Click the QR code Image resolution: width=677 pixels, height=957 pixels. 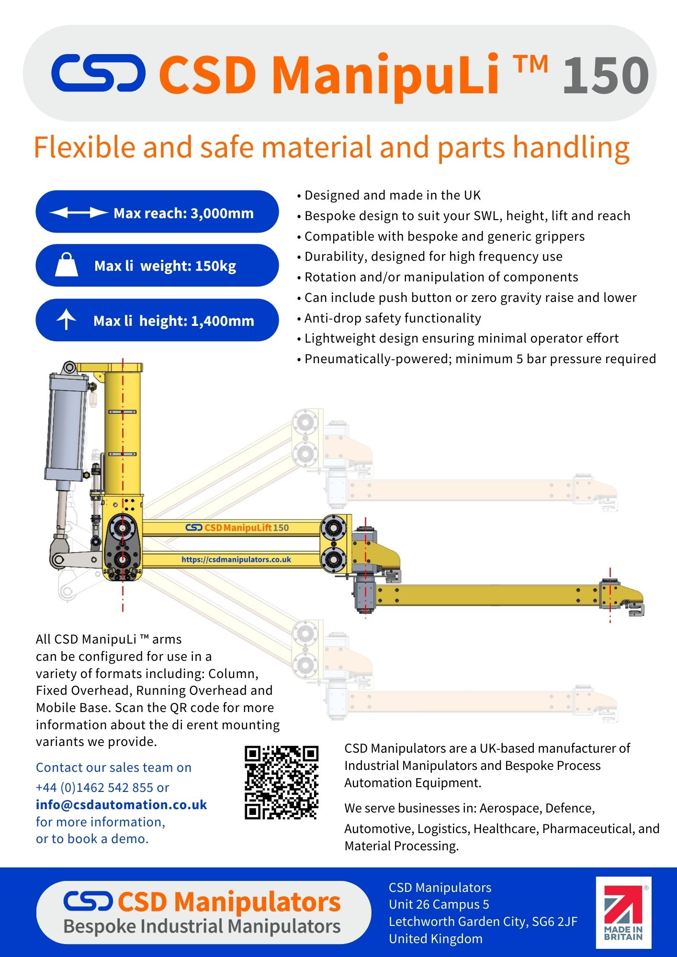pos(282,782)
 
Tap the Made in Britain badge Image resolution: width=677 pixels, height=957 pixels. pos(623,912)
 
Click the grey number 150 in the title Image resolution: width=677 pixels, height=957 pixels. pos(606,75)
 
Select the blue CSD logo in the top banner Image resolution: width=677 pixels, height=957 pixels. pos(98,73)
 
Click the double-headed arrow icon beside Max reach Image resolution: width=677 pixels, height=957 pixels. pos(79,212)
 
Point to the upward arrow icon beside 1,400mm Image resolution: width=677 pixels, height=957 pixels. pos(66,320)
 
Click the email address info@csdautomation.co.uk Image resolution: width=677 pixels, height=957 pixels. pos(121,805)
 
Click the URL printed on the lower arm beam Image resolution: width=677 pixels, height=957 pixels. pos(236,559)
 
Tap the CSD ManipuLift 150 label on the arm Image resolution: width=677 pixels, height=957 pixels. pos(237,528)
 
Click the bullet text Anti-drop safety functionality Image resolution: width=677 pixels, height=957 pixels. pos(393,318)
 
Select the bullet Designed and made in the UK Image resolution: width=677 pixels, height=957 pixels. pos(393,195)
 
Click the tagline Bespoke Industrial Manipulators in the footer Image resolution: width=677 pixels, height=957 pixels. pos(202,926)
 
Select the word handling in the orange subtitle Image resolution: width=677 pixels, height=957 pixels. pos(571,147)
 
